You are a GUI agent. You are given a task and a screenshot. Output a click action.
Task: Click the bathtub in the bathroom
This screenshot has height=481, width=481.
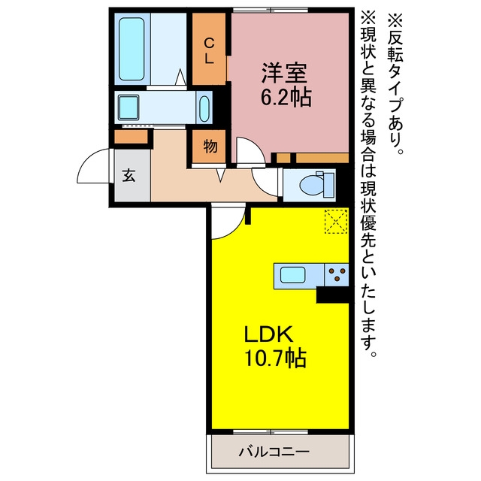132,49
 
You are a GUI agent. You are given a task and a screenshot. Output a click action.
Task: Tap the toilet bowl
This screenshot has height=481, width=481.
312,186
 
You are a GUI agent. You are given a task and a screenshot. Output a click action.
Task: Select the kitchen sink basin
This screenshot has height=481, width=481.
293,275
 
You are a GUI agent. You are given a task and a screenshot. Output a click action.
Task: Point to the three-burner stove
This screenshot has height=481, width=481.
337,274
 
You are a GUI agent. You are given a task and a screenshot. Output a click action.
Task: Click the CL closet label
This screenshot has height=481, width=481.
209,50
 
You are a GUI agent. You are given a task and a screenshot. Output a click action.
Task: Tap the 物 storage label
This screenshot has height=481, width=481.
210,147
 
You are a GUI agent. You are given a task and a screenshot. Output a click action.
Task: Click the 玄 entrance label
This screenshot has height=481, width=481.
129,176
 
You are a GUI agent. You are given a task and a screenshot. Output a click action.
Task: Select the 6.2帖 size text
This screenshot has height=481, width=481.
286,97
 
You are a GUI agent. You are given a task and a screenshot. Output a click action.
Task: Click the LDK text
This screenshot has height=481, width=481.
268,334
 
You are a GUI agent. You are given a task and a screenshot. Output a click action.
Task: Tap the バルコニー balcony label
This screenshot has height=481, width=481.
274,452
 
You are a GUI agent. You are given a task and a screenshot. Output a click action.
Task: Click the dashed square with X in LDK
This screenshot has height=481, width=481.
336,221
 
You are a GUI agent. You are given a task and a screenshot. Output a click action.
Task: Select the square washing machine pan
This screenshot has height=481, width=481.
129,107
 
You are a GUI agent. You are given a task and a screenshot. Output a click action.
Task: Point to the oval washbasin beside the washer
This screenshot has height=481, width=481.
204,109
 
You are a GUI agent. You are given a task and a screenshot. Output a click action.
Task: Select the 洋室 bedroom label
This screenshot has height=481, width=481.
284,74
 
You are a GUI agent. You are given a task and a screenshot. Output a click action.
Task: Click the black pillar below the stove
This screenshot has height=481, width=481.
332,295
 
